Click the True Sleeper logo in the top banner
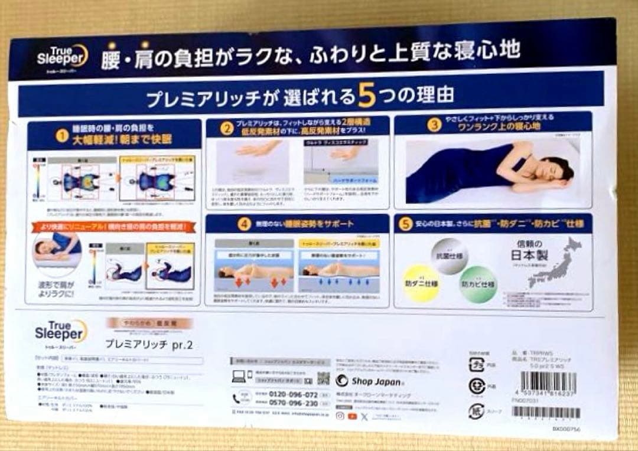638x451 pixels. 61,55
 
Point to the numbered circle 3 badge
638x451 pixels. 434,125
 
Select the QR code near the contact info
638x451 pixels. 323,378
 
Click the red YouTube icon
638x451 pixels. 353,416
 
